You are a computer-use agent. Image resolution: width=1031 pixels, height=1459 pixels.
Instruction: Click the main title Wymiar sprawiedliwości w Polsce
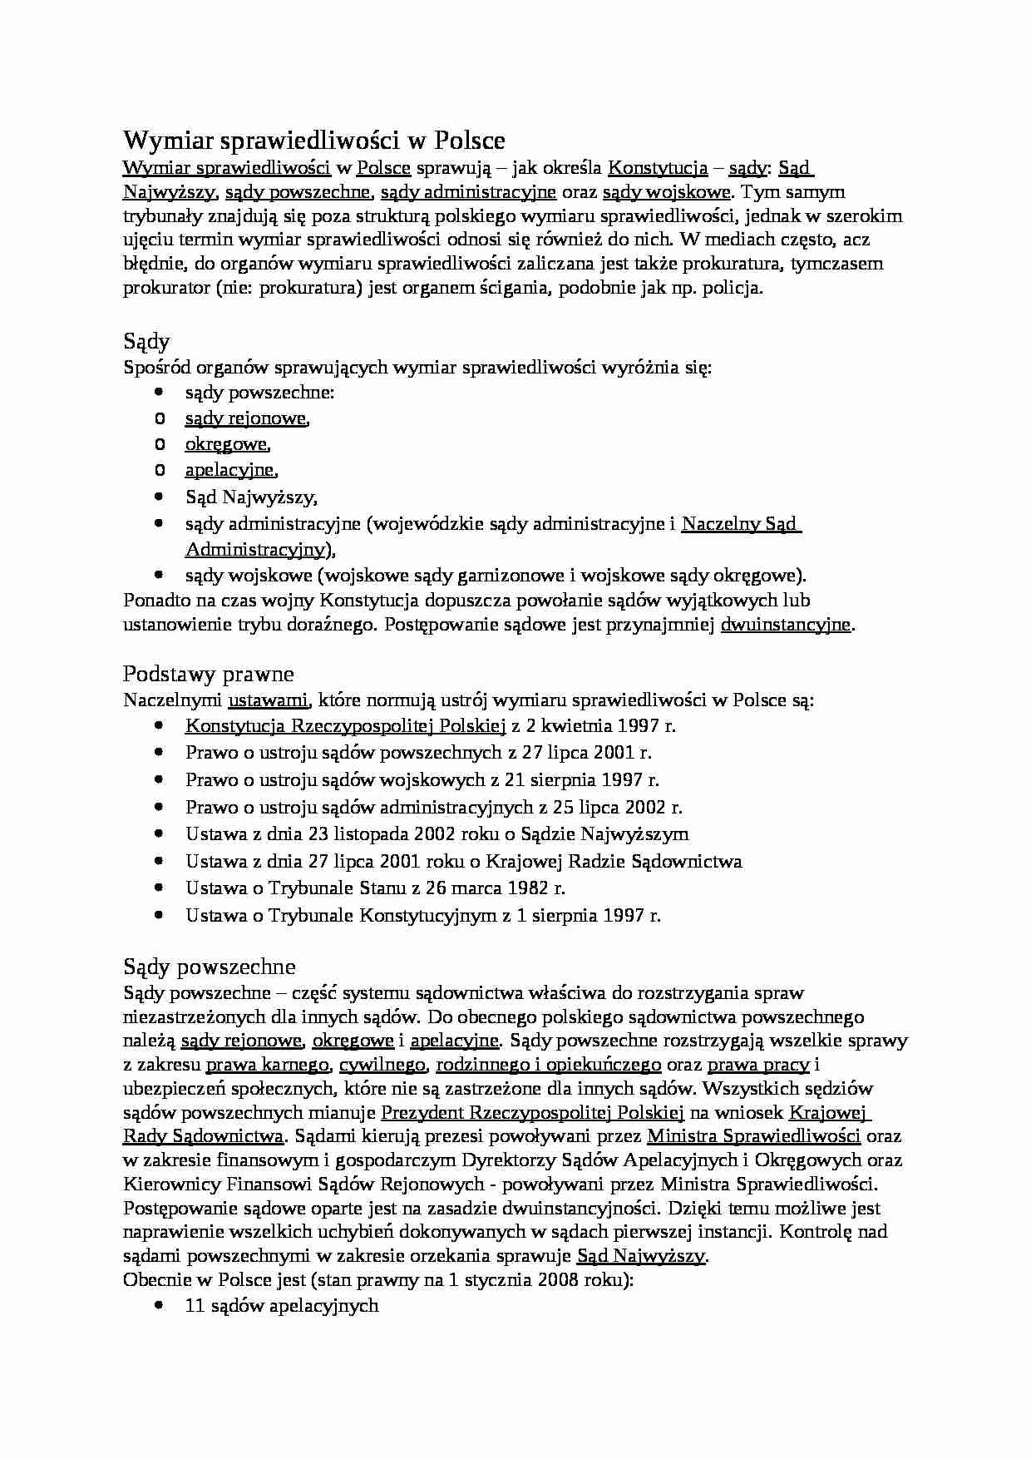(x=314, y=140)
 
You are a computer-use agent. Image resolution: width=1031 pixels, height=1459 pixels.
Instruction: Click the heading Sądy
(x=146, y=342)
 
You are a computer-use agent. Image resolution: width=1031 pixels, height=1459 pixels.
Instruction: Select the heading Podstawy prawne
(x=208, y=673)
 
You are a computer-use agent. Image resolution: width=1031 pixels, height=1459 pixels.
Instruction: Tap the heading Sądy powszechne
(x=209, y=967)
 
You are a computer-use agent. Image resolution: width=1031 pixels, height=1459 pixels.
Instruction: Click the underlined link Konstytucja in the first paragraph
(x=658, y=168)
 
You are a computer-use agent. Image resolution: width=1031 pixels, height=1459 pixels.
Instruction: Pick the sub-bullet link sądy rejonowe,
(x=246, y=418)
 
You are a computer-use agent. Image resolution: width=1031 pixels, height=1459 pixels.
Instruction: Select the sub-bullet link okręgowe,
(x=227, y=444)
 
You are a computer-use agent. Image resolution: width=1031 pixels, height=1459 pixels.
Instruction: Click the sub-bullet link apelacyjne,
(x=230, y=470)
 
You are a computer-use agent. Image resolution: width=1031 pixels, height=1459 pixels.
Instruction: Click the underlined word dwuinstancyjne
(x=786, y=625)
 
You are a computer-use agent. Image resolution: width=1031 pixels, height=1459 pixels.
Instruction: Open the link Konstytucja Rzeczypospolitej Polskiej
(x=345, y=725)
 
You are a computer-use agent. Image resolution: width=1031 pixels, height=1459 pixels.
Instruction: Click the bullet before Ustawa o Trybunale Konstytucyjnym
(x=159, y=915)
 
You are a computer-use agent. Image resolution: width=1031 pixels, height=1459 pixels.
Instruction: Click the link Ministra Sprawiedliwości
(x=753, y=1136)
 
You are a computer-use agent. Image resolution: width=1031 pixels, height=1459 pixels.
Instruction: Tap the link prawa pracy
(x=758, y=1065)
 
